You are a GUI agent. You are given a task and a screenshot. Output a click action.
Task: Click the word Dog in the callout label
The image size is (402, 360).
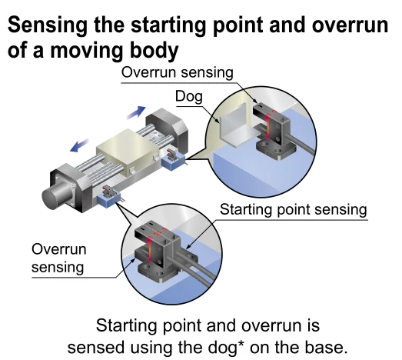click(189, 97)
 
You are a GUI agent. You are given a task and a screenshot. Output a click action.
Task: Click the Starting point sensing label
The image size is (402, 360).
click(294, 209)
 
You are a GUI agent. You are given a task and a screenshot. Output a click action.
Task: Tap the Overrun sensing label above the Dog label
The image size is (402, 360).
click(177, 72)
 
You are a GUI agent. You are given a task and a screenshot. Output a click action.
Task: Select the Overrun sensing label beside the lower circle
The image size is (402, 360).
click(58, 258)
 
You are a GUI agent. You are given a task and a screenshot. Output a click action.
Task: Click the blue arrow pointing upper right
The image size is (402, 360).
click(136, 112)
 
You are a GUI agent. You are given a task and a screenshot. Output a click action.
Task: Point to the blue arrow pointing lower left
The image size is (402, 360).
click(79, 145)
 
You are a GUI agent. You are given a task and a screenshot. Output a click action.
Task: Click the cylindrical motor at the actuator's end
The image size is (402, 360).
click(55, 195)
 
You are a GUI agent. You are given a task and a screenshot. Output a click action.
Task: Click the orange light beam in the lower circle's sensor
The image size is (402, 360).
click(149, 248)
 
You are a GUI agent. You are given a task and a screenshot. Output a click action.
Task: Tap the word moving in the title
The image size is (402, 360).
click(88, 50)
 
